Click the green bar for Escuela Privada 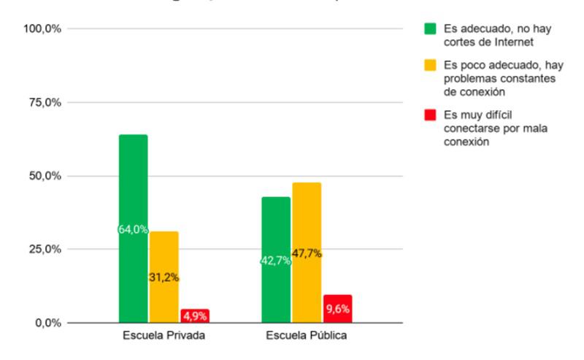134,183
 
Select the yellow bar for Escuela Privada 164,248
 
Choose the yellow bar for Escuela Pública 307,219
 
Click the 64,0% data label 134,229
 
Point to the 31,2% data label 164,277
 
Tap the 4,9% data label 195,316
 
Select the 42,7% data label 276,261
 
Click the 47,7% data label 307,253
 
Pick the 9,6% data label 337,309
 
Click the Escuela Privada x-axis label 164,337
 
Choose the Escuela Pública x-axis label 306,337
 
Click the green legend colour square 431,30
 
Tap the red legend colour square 431,115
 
